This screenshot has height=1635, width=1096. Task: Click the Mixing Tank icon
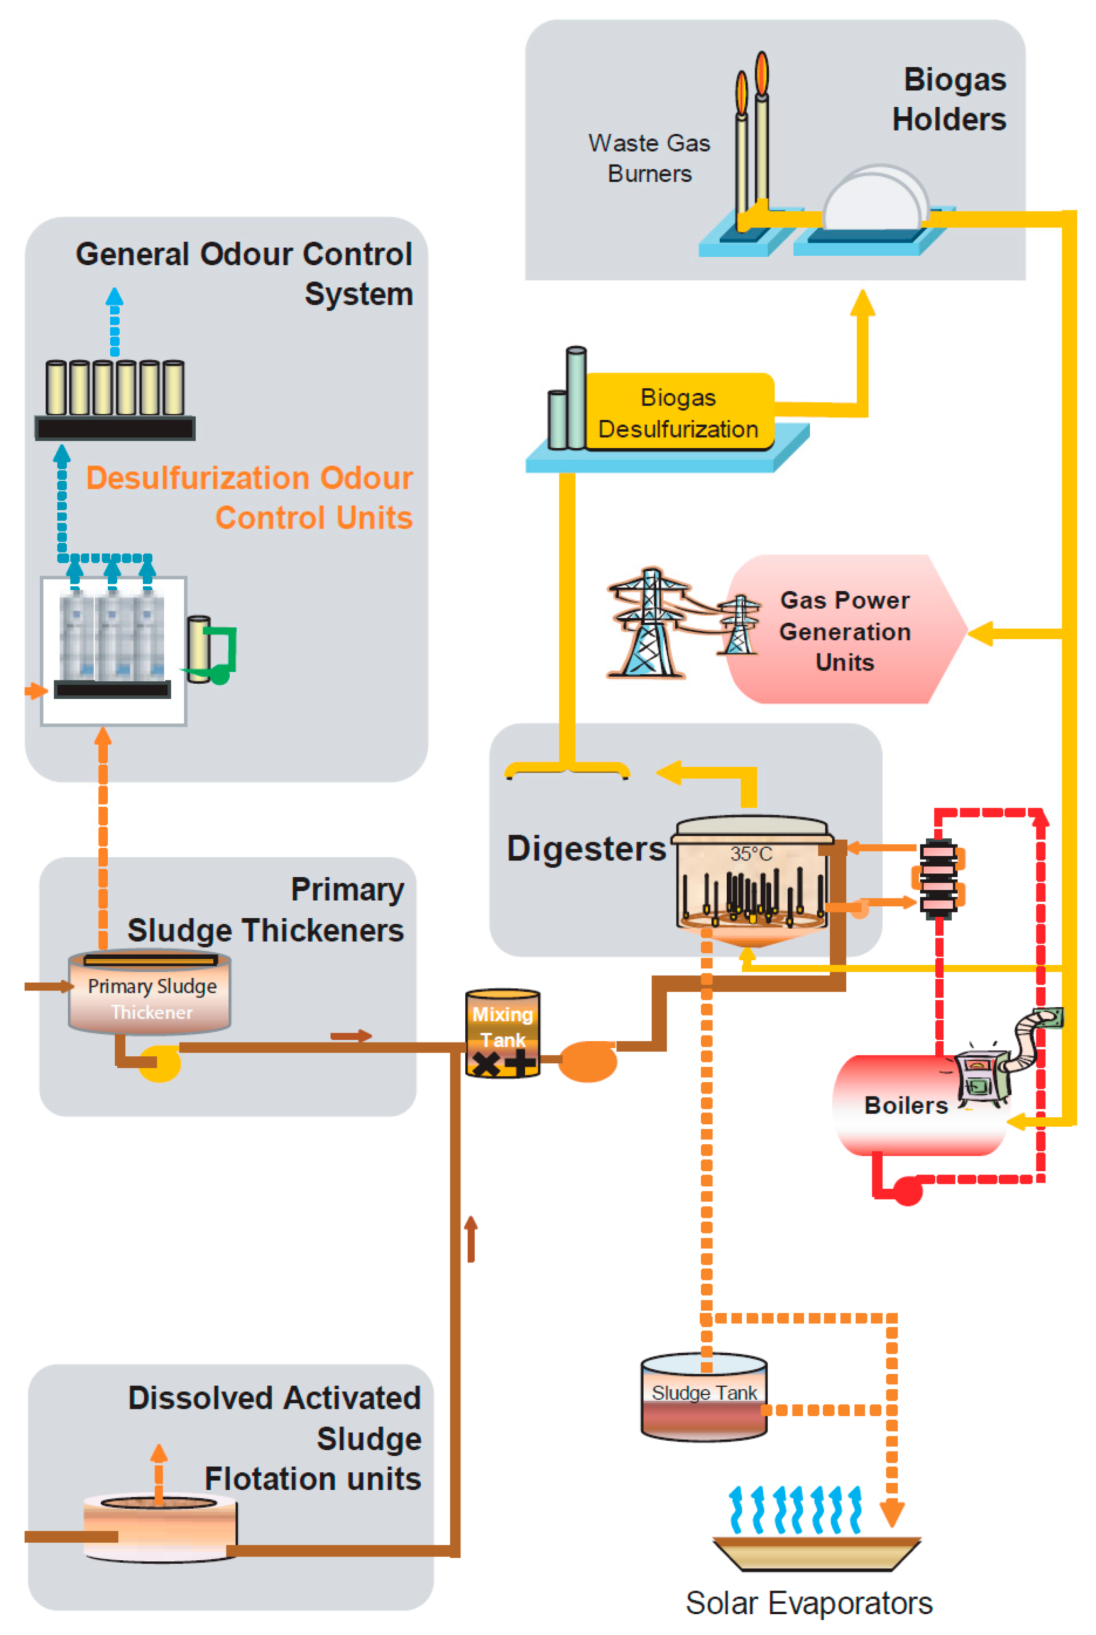click(x=503, y=1033)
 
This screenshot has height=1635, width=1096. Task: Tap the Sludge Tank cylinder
click(x=704, y=1398)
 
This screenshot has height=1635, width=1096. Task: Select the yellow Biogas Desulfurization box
click(x=678, y=412)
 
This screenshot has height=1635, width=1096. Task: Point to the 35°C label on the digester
click(x=751, y=853)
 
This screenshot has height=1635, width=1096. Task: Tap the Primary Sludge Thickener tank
click(x=149, y=992)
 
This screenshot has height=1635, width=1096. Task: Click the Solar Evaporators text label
click(x=809, y=1603)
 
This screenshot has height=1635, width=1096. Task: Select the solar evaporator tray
click(x=817, y=1553)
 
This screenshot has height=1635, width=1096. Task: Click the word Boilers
click(x=906, y=1105)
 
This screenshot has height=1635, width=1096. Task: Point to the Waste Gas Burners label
click(x=649, y=158)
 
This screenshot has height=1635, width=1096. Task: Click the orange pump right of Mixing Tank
click(x=588, y=1061)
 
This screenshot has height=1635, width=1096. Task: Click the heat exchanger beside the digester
click(x=938, y=878)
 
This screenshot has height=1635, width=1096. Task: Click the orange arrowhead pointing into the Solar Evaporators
click(x=892, y=1513)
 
